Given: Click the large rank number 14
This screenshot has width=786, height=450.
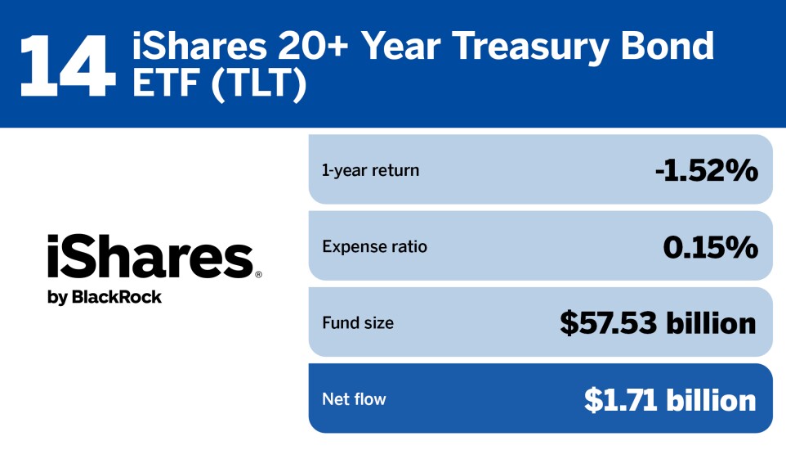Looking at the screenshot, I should tap(66, 65).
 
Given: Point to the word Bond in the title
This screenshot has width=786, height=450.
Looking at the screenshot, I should tap(669, 47).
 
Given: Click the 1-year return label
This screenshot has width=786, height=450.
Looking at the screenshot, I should tap(370, 170).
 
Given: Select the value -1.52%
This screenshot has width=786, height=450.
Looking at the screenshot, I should tap(706, 170).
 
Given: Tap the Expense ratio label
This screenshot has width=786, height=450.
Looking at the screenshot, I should tap(374, 246).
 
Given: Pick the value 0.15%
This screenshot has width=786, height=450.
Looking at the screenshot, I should tap(710, 246).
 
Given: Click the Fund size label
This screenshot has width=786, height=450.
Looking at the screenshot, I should tap(358, 323).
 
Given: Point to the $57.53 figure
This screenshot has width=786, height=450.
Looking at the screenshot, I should tap(608, 323).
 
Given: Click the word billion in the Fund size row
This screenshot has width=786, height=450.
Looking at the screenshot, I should tap(710, 323).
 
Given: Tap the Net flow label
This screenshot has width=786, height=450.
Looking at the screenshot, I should tap(354, 399).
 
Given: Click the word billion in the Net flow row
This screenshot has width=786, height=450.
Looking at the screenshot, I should tap(710, 399).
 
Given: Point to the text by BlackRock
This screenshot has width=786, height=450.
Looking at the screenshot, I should tap(105, 297).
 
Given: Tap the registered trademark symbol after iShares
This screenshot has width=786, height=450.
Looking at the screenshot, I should tap(258, 275).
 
